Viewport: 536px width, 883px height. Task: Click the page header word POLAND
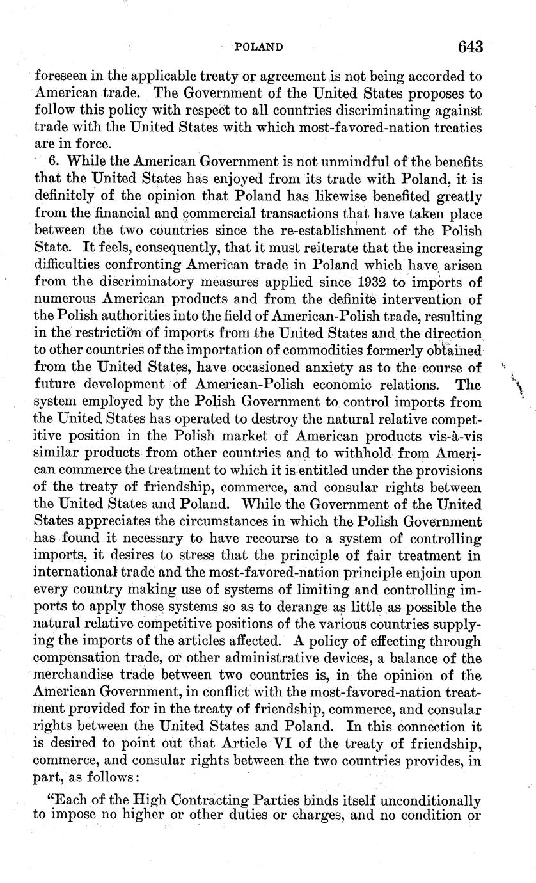[259, 47]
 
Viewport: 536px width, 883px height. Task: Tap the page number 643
[470, 47]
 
